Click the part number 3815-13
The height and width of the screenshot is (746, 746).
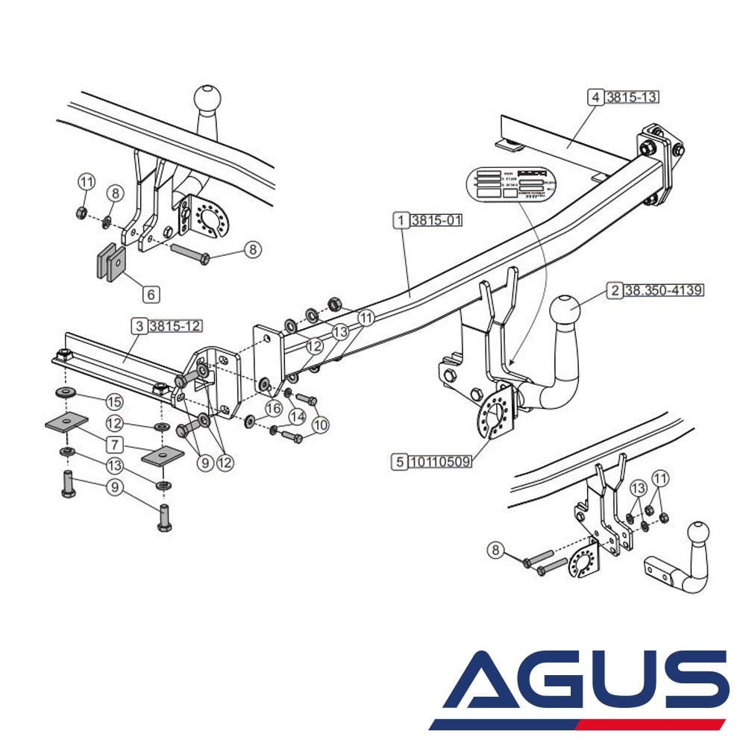tap(632, 97)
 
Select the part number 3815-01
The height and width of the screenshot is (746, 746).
tap(439, 220)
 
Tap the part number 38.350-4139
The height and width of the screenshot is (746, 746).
tap(663, 290)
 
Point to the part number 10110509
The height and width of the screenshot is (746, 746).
tap(440, 462)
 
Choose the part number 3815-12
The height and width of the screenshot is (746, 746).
tap(175, 326)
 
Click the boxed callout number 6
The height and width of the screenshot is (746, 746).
tap(151, 295)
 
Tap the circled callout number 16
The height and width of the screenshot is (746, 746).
tap(274, 408)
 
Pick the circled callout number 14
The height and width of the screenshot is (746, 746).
tap(298, 416)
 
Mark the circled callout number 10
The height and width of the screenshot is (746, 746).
tap(320, 425)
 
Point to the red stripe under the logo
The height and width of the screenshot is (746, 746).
tap(649, 724)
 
